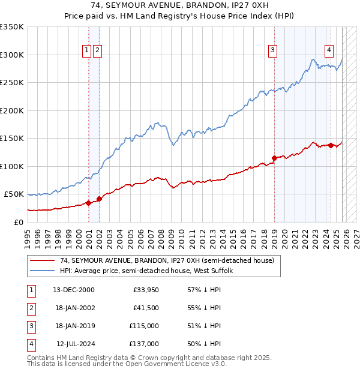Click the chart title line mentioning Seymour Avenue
[x=180, y=6]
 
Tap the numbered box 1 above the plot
[x=87, y=51]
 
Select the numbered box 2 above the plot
[x=97, y=51]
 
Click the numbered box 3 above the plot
[x=272, y=51]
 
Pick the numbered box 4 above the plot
[x=329, y=51]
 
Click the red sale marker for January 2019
[x=274, y=158]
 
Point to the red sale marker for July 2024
[x=331, y=145]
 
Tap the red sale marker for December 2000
[x=88, y=203]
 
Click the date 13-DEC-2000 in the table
[x=73, y=290]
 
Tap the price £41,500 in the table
[x=146, y=308]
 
